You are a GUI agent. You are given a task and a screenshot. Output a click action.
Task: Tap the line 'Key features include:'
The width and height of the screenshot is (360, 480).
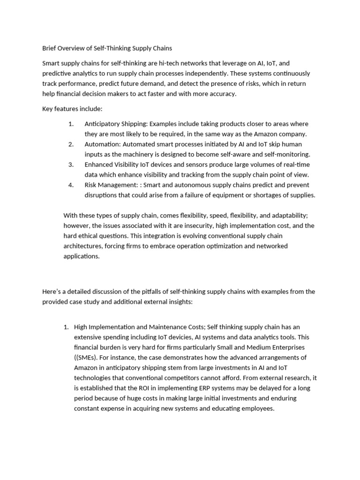pos(72,109)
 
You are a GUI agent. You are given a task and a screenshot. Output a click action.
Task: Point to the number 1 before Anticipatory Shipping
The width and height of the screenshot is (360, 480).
pos(71,124)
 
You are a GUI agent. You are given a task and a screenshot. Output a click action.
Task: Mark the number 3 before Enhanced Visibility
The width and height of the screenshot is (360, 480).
pos(71,165)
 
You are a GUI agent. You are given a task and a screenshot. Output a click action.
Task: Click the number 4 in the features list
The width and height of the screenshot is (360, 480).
pos(71,185)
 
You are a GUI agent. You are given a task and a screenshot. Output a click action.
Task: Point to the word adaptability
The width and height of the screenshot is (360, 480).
pos(287,215)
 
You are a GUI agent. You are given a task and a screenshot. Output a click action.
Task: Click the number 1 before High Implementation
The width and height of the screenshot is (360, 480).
pos(66,327)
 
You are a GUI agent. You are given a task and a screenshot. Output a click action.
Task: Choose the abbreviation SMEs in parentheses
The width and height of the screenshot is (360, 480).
pos(88,357)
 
